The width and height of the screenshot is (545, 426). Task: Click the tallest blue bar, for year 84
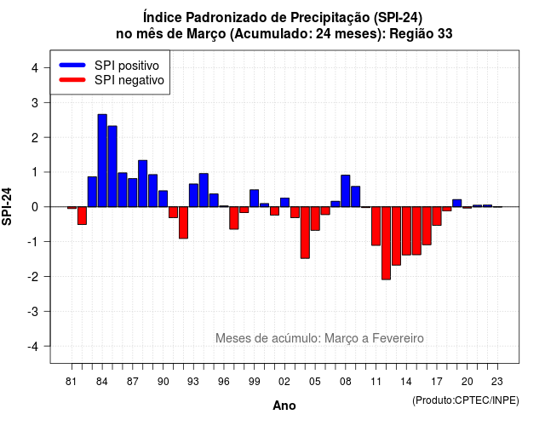102,160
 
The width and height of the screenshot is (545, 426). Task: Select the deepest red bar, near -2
386,243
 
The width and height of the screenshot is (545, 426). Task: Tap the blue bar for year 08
346,191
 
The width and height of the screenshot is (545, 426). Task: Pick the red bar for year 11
376,226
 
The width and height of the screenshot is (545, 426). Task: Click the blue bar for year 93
193,195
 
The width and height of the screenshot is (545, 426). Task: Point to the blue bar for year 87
133,193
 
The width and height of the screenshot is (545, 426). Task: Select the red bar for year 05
315,219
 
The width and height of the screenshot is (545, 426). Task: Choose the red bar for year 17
437,216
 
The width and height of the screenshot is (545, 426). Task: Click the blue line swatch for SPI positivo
72,65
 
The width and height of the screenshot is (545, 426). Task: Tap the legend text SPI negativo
129,80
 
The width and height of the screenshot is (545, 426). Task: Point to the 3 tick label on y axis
35,102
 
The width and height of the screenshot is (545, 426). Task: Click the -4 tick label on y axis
33,347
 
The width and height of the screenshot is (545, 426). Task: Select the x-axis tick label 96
224,382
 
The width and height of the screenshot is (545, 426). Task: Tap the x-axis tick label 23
497,382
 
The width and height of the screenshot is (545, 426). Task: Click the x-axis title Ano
284,406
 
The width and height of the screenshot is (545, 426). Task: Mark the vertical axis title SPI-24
7,206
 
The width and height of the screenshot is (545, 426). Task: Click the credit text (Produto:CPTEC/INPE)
466,400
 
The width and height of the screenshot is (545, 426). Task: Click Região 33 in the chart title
421,34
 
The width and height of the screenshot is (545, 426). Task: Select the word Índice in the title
163,17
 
